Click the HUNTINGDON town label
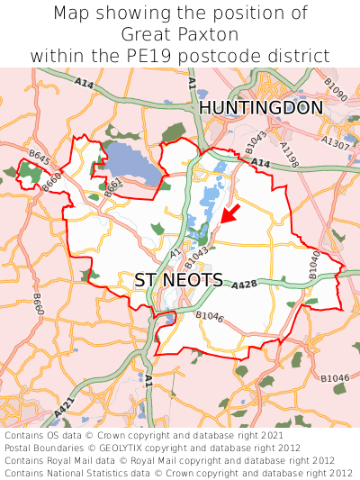[260, 108]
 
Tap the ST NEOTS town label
[179, 280]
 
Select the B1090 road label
[336, 91]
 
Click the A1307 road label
[335, 143]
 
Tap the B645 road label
[39, 158]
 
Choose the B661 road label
[113, 187]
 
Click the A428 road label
[245, 285]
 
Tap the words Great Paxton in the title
[180, 35]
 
